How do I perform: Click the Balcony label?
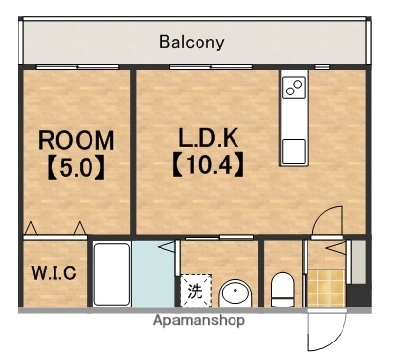click(x=191, y=42)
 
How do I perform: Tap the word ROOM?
click(x=76, y=140)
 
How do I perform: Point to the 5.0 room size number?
click(x=76, y=167)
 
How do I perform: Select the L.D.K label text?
click(x=208, y=138)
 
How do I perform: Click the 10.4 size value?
click(x=208, y=165)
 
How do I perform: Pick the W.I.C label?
click(x=54, y=273)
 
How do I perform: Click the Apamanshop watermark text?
click(x=198, y=320)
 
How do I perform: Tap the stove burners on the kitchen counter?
click(x=294, y=88)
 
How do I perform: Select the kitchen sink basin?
click(x=294, y=152)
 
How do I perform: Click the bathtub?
click(x=113, y=274)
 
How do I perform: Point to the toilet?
click(x=282, y=290)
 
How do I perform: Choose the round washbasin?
click(x=235, y=294)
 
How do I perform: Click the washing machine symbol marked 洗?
click(x=196, y=291)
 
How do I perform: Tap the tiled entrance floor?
click(x=327, y=288)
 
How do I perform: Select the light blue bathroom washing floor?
click(x=153, y=274)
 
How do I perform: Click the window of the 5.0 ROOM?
click(x=77, y=67)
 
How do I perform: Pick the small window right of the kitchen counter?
click(x=322, y=67)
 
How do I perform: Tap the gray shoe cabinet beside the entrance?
click(x=359, y=262)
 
